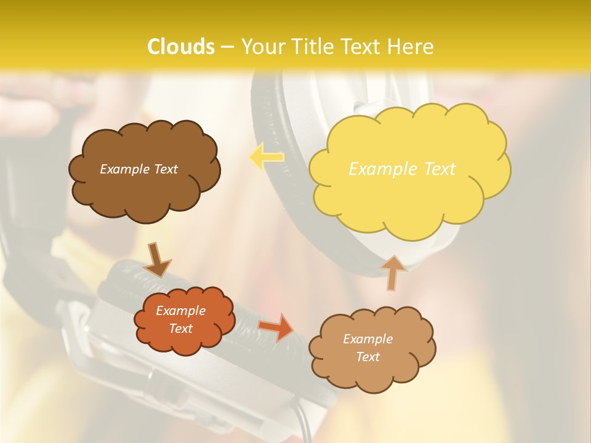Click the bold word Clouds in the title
pos(181,47)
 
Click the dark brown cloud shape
pos(145,191)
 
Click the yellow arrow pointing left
pos(266,156)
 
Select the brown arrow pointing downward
pos(157,260)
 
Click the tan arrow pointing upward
pos(393,273)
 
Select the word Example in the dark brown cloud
pos(124,169)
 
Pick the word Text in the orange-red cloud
pos(181,329)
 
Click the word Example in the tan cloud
pos(368,339)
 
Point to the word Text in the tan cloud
pos(368,357)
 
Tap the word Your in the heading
pos(260,47)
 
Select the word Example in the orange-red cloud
pos(181,311)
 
